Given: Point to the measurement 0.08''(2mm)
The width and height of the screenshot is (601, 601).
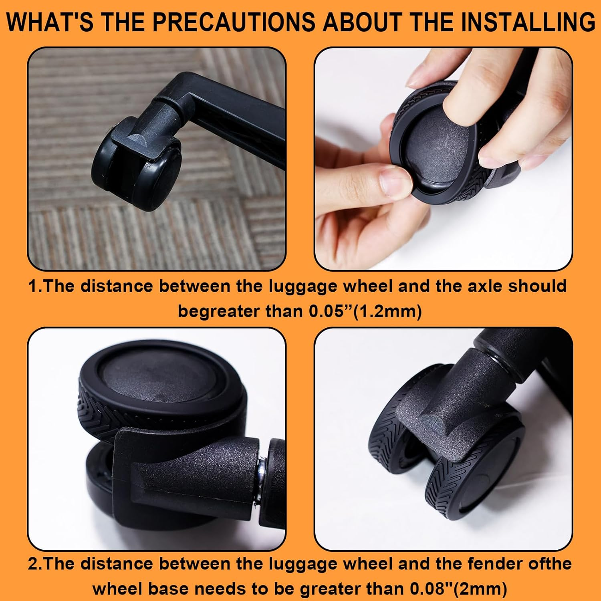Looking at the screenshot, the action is click(x=458, y=589).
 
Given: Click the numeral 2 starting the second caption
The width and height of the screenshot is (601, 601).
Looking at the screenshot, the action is click(x=33, y=564).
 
